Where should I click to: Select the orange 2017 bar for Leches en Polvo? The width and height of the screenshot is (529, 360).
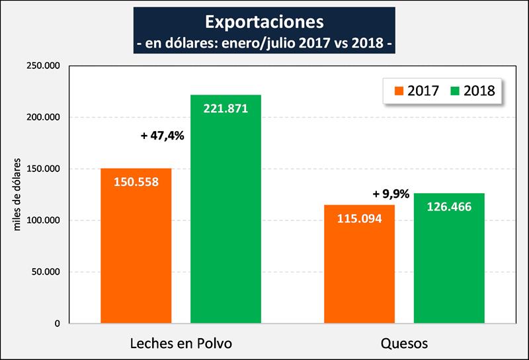coord(136,251)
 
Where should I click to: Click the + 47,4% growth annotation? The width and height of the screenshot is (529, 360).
coord(163,136)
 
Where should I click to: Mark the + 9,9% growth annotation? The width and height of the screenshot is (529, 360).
coord(391,194)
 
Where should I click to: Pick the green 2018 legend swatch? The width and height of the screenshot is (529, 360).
coord(456,90)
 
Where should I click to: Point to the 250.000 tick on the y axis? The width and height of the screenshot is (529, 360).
coord(42,66)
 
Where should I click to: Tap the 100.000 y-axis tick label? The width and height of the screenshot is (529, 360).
coord(42,220)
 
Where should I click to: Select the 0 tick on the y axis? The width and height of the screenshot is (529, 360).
coord(58,324)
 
